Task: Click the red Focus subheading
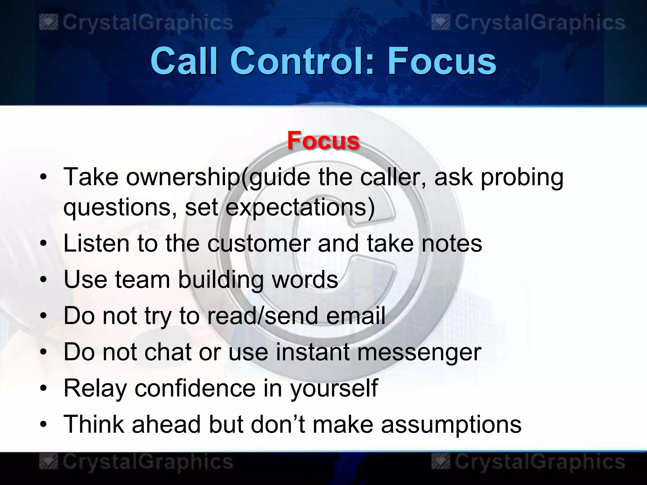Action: click(x=323, y=141)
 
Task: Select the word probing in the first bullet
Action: click(x=522, y=177)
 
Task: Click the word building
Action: click(x=221, y=280)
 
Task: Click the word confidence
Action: click(x=195, y=388)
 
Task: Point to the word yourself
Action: click(x=334, y=389)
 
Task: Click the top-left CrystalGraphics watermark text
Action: click(x=148, y=23)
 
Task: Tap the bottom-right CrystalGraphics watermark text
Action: click(x=540, y=462)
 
